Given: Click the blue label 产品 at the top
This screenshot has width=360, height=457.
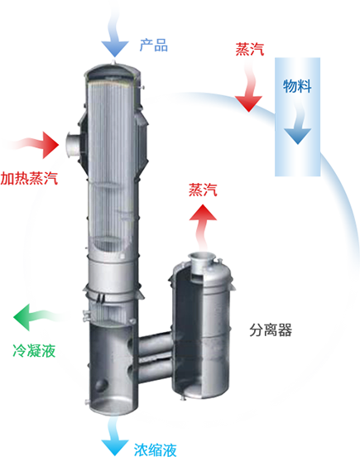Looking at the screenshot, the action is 153,45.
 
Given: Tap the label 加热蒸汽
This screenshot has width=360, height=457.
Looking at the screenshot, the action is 29,178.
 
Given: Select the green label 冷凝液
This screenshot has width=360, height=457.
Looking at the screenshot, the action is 34,350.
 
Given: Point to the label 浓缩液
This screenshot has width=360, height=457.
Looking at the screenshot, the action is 156,450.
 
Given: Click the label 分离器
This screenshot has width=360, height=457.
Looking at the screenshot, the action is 271,330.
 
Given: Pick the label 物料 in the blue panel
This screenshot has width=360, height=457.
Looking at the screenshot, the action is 297,86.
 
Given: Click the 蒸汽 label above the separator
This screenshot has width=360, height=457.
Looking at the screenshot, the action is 203,190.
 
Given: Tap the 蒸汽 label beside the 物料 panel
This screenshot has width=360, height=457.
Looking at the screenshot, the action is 250,49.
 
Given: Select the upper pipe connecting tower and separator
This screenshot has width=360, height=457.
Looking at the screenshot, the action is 155,344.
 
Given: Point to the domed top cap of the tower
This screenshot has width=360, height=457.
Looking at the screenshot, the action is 113,71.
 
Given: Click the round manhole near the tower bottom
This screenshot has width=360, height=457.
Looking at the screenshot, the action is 101,386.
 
